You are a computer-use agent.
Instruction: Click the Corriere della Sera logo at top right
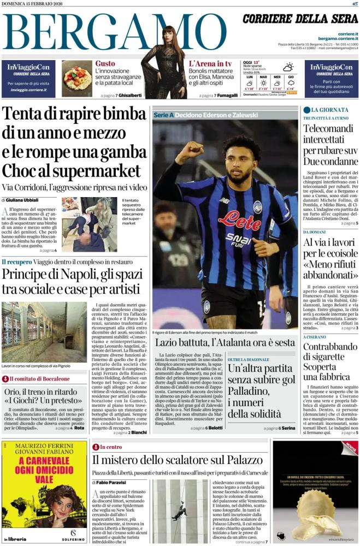[300, 19]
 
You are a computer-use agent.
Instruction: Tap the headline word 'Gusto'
[105, 63]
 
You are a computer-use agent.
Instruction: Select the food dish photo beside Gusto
[76, 79]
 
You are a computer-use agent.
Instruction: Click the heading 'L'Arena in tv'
[210, 63]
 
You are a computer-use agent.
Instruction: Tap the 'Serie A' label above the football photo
[164, 115]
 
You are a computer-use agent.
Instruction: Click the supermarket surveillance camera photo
[88, 224]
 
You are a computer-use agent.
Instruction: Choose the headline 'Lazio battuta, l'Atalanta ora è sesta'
[225, 342]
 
